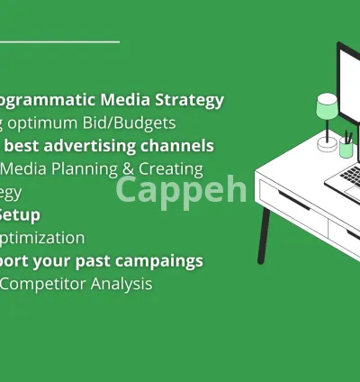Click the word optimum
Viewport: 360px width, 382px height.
(x=51, y=123)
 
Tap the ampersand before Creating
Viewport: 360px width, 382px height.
(x=129, y=168)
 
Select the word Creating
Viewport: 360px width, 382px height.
(x=171, y=168)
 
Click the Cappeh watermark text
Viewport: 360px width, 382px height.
(x=181, y=190)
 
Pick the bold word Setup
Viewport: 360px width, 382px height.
(x=20, y=214)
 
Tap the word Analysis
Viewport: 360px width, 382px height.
(x=121, y=284)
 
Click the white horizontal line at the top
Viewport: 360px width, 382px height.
(x=59, y=41)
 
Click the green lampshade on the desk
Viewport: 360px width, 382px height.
(x=327, y=109)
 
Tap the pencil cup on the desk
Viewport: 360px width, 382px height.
(x=346, y=148)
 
